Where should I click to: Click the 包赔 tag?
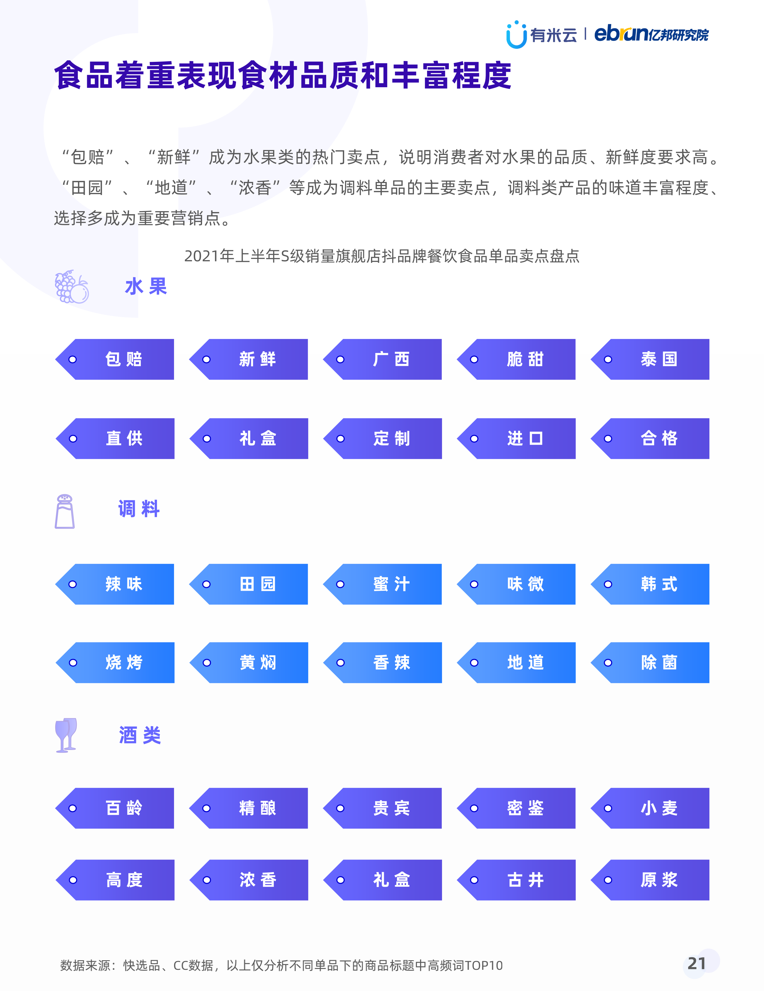(x=115, y=359)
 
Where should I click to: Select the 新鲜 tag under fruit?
(x=249, y=359)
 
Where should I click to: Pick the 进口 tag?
(x=516, y=438)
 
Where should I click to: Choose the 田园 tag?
(x=249, y=584)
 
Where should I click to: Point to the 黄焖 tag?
(x=249, y=662)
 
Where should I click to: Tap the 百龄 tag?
(x=115, y=808)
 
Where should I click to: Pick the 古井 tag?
(x=516, y=880)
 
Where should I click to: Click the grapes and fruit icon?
(x=72, y=287)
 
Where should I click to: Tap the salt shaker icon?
(x=64, y=511)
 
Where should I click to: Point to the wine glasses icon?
(x=66, y=735)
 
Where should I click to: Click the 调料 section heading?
(x=139, y=509)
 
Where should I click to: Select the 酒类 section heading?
(x=140, y=735)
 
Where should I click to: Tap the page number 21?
(x=697, y=963)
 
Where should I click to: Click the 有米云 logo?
(x=541, y=34)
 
